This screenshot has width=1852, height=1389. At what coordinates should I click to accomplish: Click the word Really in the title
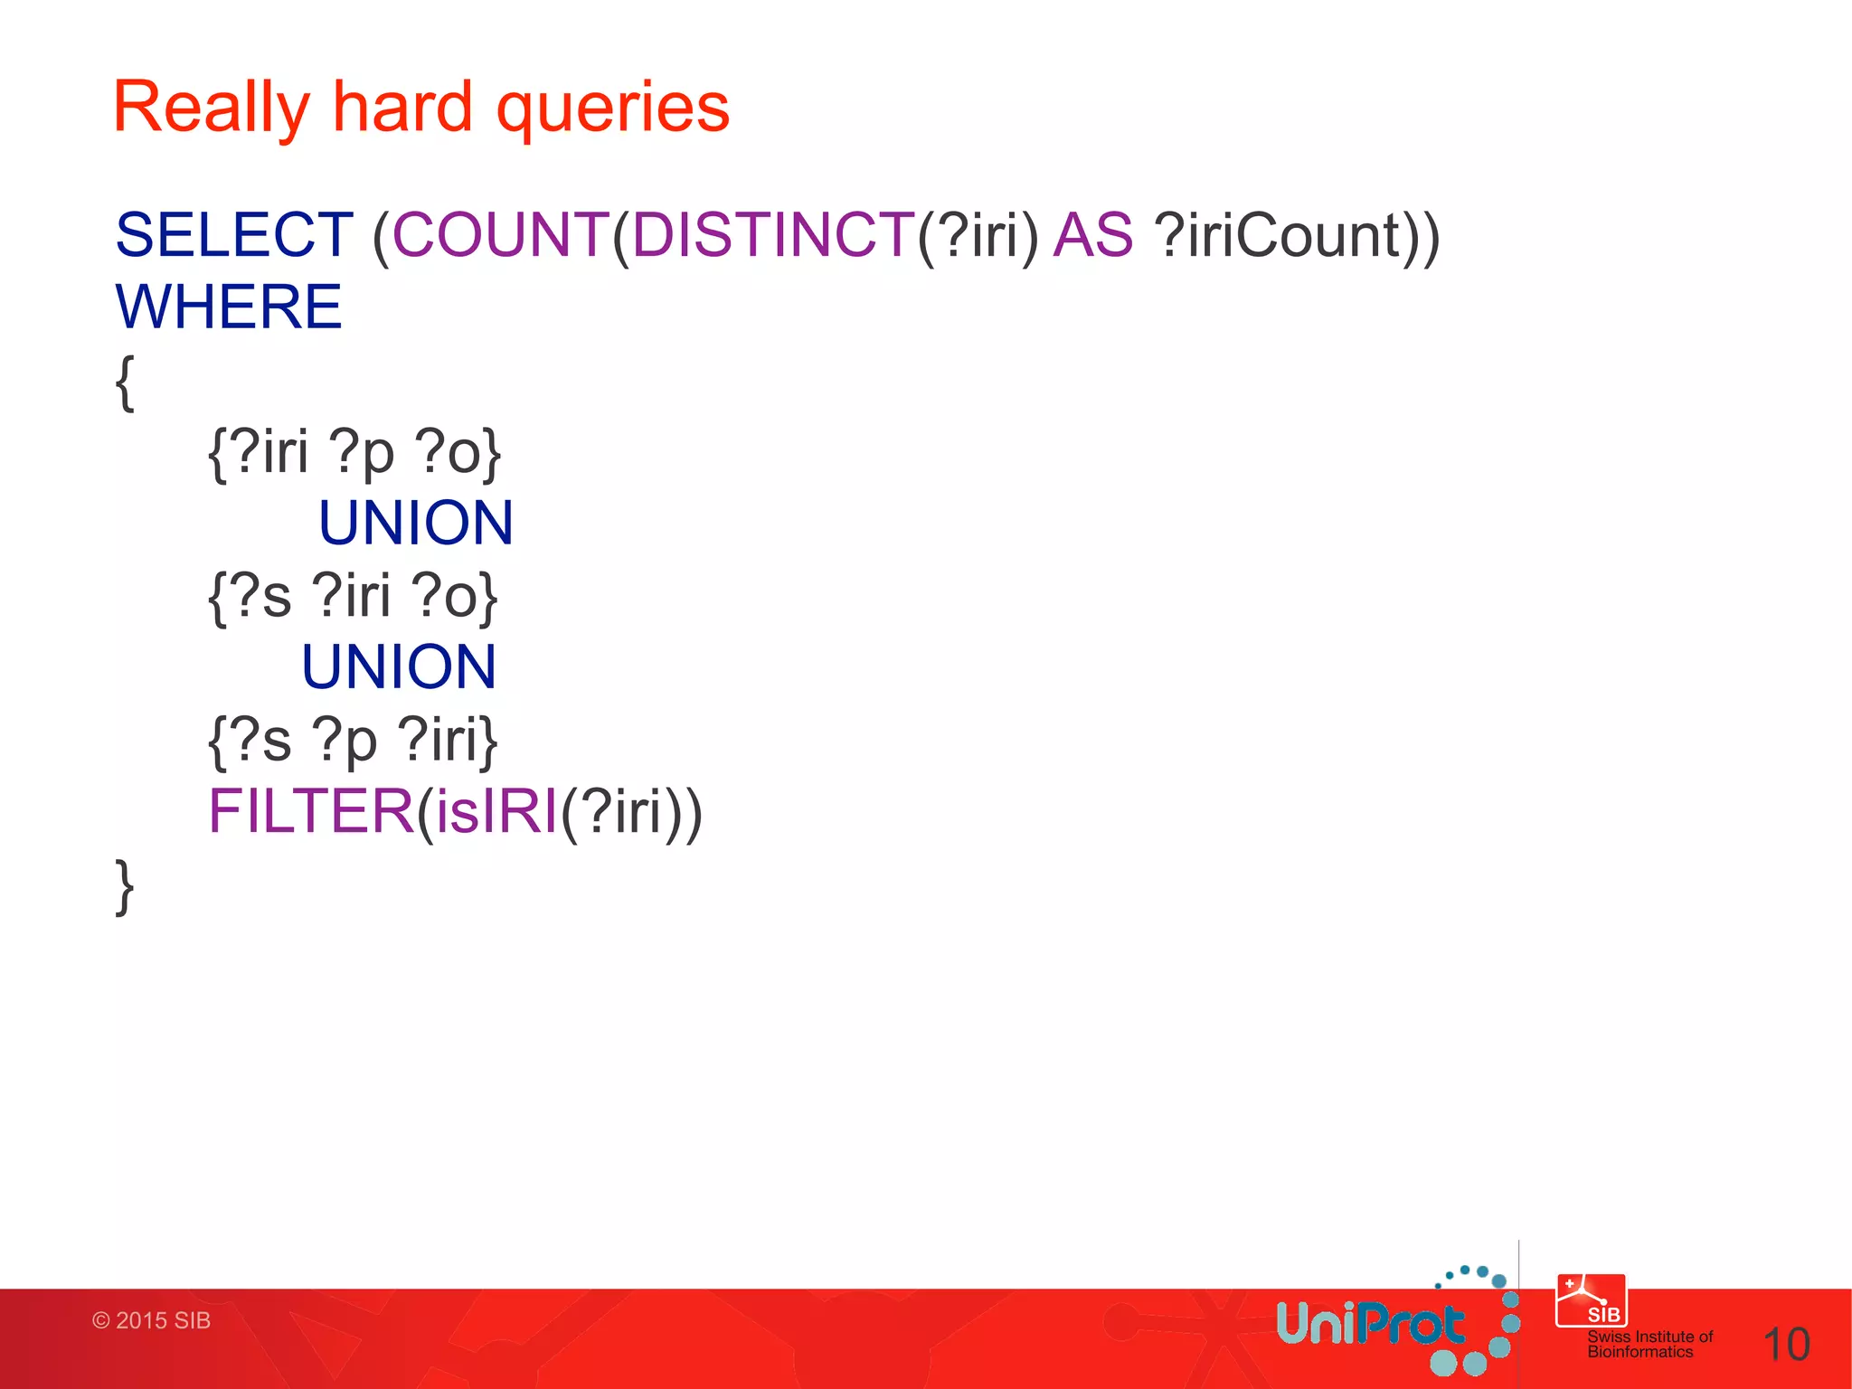point(211,109)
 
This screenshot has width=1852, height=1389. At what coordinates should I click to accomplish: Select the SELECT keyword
point(234,235)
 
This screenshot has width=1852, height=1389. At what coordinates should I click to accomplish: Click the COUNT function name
point(501,235)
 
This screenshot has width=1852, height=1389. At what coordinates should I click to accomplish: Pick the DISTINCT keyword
point(773,235)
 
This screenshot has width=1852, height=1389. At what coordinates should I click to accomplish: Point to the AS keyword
point(1092,235)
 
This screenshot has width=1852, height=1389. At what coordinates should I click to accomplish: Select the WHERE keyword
point(229,307)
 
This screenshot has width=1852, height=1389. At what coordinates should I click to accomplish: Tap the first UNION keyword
point(416,523)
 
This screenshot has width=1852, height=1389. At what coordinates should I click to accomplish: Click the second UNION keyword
point(399,667)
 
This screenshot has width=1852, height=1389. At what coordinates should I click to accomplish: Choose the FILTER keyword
point(311,811)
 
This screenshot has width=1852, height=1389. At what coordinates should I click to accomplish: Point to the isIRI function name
point(496,811)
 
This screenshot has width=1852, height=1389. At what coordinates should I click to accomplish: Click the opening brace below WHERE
point(126,383)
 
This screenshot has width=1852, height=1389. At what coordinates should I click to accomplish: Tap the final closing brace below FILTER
point(126,887)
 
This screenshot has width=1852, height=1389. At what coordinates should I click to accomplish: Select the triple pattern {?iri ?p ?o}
point(354,452)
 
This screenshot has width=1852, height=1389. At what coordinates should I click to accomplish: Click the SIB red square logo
point(1591,1300)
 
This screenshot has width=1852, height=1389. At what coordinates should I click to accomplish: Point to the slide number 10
point(1786,1345)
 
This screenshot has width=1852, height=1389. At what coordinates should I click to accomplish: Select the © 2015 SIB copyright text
point(151,1320)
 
